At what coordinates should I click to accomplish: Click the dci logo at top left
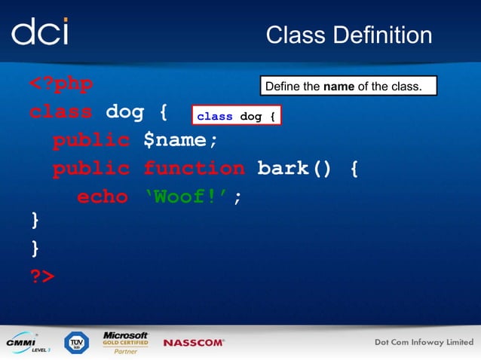click(40, 31)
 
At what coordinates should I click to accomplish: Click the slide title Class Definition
click(349, 35)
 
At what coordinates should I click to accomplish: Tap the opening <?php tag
click(61, 84)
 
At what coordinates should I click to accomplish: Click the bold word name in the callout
click(339, 87)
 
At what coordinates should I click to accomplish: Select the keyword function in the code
click(194, 168)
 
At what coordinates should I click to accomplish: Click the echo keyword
click(102, 196)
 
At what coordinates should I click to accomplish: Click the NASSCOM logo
click(194, 343)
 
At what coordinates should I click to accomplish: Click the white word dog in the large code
click(124, 112)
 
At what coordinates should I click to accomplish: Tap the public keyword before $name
click(90, 140)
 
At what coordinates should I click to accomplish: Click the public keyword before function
click(90, 168)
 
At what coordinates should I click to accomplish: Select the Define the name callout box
click(348, 87)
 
